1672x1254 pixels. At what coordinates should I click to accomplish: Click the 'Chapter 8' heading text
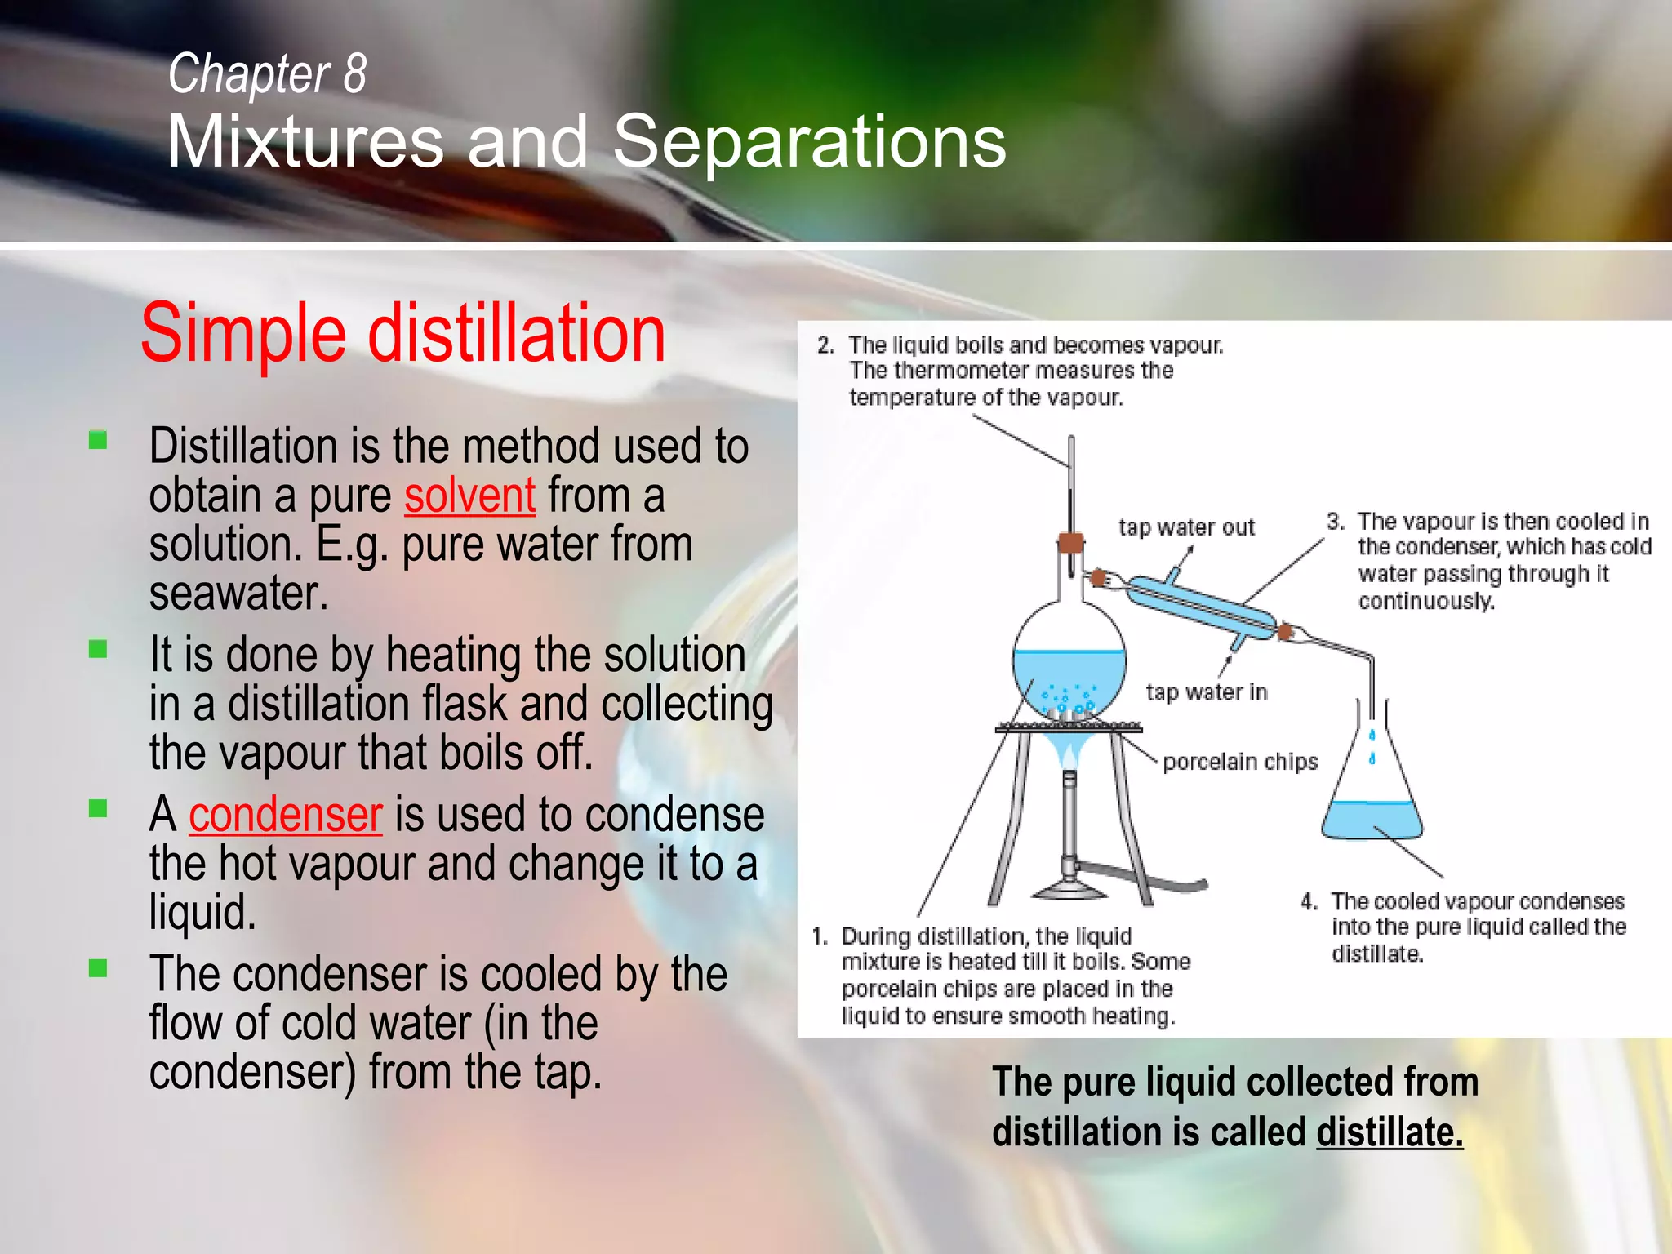[267, 73]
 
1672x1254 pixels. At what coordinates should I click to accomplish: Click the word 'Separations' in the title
[808, 142]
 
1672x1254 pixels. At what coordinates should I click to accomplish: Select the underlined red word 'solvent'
[469, 496]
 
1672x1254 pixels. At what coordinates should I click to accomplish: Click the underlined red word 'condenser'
[286, 815]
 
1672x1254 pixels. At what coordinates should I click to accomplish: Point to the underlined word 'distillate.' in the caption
[1389, 1133]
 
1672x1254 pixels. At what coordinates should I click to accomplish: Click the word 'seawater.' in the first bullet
[239, 593]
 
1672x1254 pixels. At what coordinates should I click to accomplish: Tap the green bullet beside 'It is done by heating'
[98, 649]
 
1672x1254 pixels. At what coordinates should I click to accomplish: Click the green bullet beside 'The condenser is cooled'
[98, 968]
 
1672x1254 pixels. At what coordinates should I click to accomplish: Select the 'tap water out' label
[1185, 527]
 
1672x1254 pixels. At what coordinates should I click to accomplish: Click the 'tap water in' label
[1206, 692]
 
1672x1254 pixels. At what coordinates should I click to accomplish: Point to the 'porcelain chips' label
[1239, 762]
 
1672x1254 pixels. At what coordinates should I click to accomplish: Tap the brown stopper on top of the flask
[1070, 542]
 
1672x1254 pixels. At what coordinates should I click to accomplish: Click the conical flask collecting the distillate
[1372, 808]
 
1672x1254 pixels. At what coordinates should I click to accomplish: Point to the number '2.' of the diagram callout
[825, 345]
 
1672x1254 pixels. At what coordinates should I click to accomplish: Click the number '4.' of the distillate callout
[1309, 902]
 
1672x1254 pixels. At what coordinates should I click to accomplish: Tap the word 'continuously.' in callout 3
[1425, 602]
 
